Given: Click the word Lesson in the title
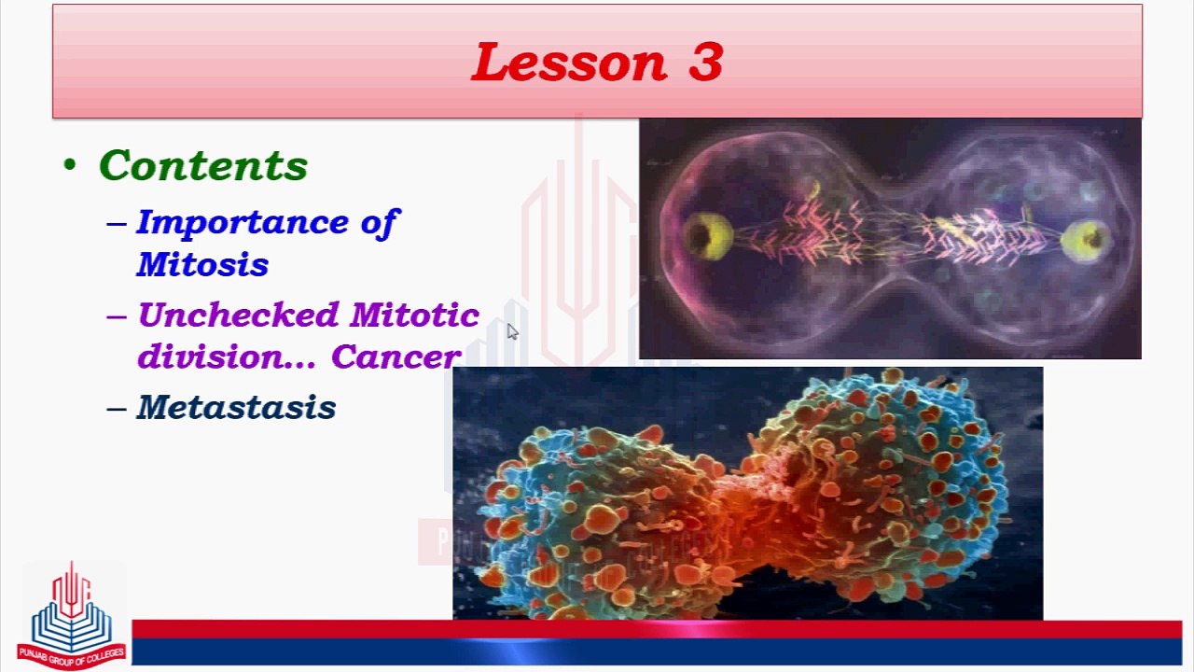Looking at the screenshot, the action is [569, 62].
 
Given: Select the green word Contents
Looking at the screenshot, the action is [203, 165].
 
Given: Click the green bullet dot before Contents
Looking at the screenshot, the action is [70, 163].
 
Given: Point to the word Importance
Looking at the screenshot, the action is [243, 223].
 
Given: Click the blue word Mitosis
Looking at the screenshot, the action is [202, 264].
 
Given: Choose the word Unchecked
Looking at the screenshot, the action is [238, 315].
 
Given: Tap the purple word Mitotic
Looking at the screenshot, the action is [415, 315].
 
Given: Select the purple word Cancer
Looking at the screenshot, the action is [396, 357].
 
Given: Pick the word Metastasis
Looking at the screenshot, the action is [236, 408].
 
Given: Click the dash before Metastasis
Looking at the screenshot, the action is [117, 409].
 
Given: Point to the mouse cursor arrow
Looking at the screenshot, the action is [512, 331].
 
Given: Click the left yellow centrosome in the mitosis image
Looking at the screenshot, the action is [708, 236].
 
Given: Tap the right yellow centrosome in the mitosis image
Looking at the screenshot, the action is [1085, 241].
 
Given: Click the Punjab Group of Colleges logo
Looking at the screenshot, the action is [72, 616].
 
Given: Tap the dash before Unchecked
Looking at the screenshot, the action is [117, 316].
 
